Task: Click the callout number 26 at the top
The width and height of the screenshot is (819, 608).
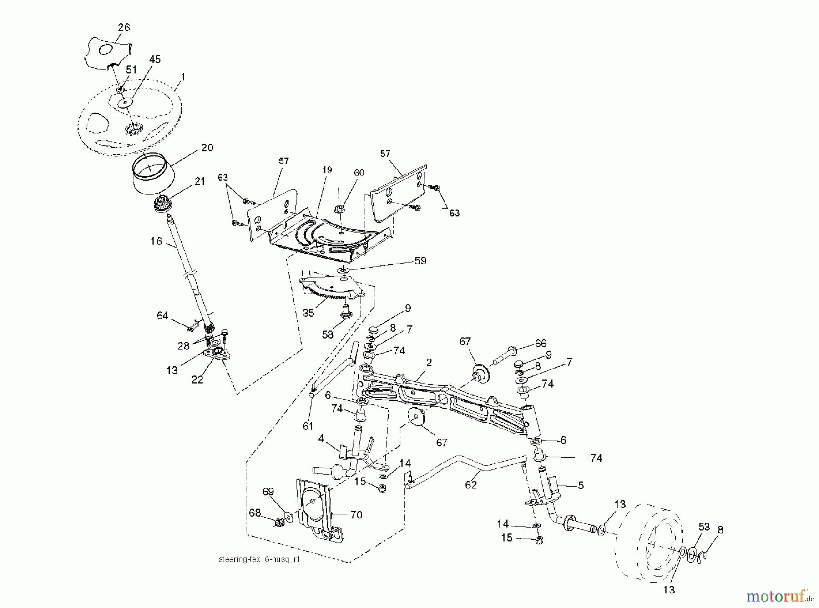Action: coord(124,27)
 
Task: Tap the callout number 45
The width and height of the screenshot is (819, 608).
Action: coord(155,60)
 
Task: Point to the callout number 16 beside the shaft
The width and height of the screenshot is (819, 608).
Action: coord(156,241)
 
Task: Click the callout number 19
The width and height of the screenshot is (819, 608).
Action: coord(327,170)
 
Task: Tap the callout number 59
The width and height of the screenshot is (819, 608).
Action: coord(420,261)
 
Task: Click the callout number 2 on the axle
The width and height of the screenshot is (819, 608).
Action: coord(429,362)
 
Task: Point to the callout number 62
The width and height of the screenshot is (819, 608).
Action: coord(470,485)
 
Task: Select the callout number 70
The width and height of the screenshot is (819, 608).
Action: coord(356,515)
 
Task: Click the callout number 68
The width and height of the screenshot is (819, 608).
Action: coord(255,513)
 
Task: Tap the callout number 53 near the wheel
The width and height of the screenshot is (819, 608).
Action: coord(704,527)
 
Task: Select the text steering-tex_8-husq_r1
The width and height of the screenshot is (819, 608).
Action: coord(259,559)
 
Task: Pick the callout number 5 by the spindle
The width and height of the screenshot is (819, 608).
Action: coord(581,485)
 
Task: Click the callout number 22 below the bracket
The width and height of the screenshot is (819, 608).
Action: coord(197,379)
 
